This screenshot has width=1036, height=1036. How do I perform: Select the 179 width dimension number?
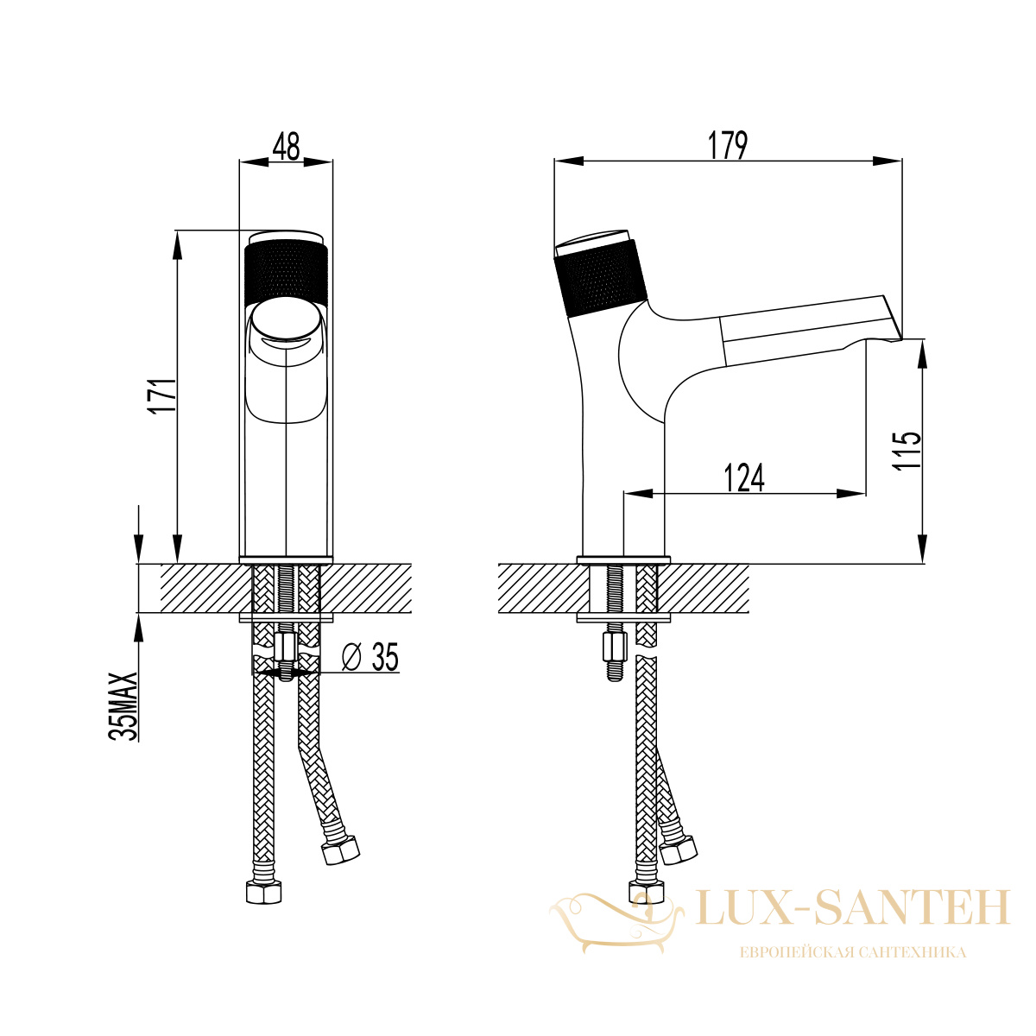(728, 146)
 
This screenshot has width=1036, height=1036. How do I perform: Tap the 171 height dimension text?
(163, 395)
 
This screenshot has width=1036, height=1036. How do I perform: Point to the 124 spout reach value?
(744, 477)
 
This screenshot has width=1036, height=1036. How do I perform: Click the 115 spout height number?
(907, 451)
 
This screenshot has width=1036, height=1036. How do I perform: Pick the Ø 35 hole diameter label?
(370, 656)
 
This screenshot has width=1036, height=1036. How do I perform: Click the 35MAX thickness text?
(123, 706)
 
